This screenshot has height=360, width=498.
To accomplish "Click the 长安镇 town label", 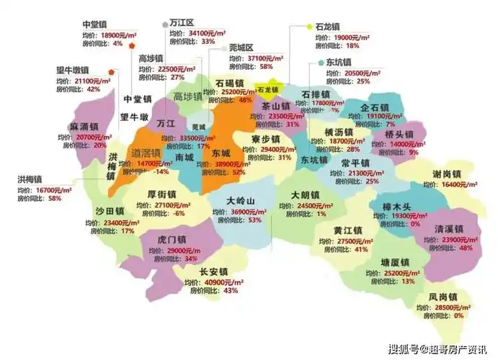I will tap(213, 271).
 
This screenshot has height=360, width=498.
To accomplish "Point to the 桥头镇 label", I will tap(399, 134).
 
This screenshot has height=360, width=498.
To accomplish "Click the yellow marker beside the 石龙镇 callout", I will tap(308, 25).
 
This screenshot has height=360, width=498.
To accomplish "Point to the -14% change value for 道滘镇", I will tap(164, 172).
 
